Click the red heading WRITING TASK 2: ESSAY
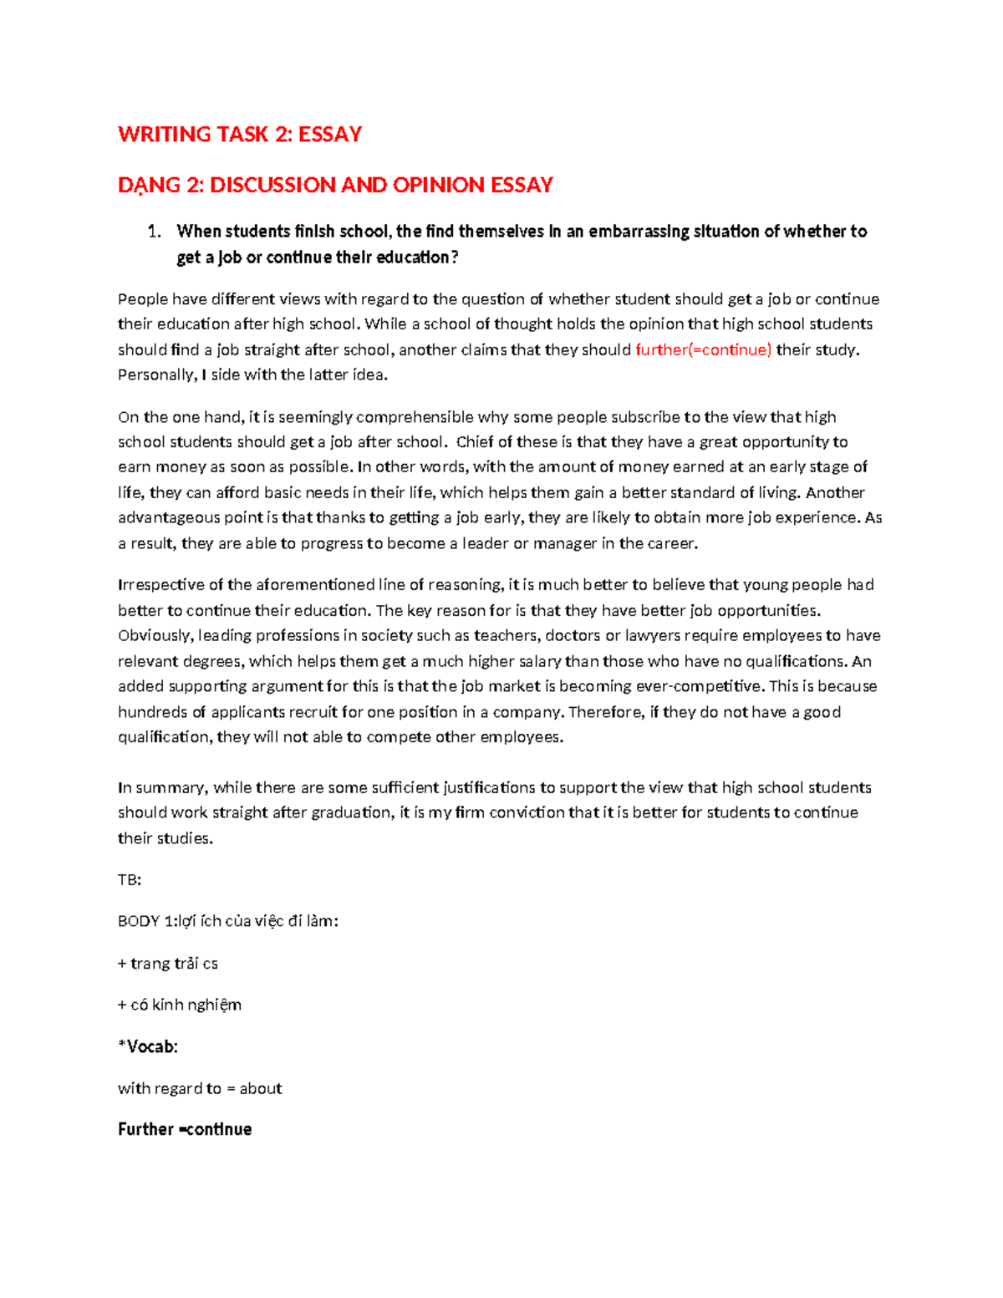pos(240,135)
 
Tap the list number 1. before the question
pos(153,232)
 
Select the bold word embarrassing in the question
pos(639,232)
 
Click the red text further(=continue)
pos(703,349)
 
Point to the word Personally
pos(156,374)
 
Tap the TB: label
pos(130,880)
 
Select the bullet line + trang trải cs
pos(168,964)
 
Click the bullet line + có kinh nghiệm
pos(180,1005)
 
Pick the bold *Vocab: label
pos(148,1046)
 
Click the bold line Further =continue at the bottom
pos(185,1129)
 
